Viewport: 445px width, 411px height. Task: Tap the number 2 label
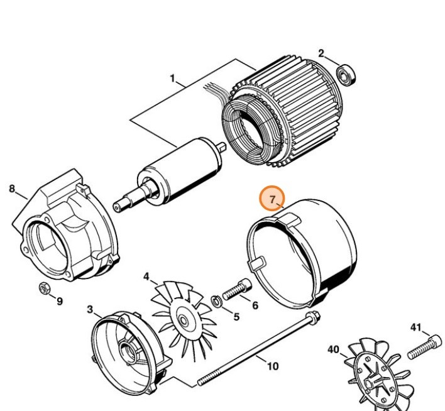[321, 53]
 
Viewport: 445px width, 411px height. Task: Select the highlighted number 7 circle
[273, 200]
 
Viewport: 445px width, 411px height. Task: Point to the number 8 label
[12, 188]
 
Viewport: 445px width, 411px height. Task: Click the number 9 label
[60, 301]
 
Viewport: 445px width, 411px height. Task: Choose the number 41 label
[415, 327]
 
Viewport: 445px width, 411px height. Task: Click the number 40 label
[333, 349]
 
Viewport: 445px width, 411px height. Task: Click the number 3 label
[90, 309]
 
